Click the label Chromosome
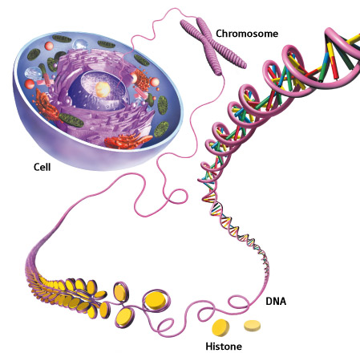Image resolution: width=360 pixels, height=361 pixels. pyautogui.click(x=247, y=34)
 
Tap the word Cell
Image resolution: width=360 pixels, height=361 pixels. pyautogui.click(x=42, y=167)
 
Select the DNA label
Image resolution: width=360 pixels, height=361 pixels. pyautogui.click(x=276, y=302)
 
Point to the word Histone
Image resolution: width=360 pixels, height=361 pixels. pyautogui.click(x=224, y=347)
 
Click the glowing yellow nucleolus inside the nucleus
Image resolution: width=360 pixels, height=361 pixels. pyautogui.click(x=103, y=89)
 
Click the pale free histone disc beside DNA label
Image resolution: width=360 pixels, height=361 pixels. pyautogui.click(x=252, y=326)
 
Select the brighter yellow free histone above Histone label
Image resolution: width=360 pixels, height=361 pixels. pyautogui.click(x=220, y=327)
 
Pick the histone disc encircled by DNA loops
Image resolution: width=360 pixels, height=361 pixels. pyautogui.click(x=156, y=300)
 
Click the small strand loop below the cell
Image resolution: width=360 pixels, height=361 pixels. pyautogui.click(x=176, y=199)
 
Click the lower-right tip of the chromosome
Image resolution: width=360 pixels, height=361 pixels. pyautogui.click(x=244, y=64)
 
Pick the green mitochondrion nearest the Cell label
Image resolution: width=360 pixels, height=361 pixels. pyautogui.click(x=71, y=120)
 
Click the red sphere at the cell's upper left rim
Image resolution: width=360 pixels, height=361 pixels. pyautogui.click(x=49, y=46)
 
